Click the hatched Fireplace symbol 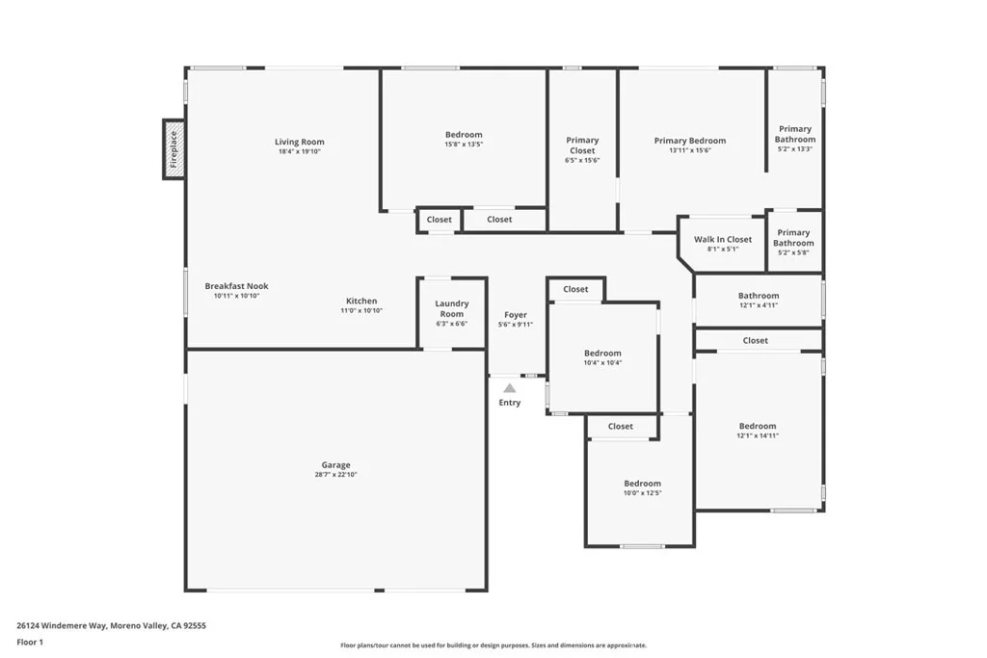(173, 149)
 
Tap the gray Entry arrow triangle (510, 388)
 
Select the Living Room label (300, 143)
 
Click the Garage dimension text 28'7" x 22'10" (336, 475)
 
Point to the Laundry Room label (452, 309)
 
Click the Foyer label (516, 315)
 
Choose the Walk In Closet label (723, 240)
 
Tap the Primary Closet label (582, 145)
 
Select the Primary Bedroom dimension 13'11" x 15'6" (690, 150)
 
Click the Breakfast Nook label (237, 286)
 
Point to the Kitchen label (362, 302)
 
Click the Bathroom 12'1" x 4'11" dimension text (759, 305)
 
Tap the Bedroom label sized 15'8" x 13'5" (464, 135)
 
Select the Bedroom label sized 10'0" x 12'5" (643, 484)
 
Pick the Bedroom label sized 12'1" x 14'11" (758, 426)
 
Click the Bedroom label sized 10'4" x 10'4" (602, 354)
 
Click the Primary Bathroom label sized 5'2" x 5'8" (794, 238)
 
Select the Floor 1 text (30, 643)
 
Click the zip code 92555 (194, 626)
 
